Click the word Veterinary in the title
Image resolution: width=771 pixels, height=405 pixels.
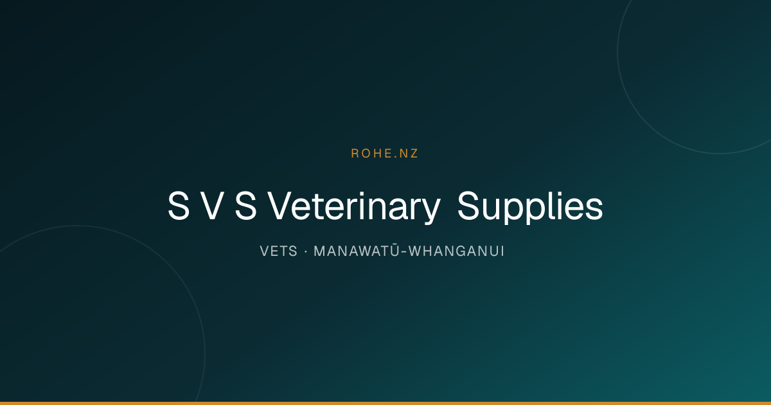pos(354,206)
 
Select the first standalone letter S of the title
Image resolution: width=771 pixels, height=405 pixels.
pos(179,206)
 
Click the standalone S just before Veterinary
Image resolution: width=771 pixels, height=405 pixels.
pos(245,206)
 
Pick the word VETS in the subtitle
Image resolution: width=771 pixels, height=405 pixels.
pos(278,251)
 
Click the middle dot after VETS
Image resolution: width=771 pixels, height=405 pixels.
pos(306,252)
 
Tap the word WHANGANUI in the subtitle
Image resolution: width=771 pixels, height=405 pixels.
pos(456,251)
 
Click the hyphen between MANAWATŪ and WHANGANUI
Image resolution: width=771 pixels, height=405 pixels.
pos(404,253)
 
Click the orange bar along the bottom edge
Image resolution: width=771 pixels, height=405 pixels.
pos(385,403)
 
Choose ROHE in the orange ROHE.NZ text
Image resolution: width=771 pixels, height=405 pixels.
pos(371,154)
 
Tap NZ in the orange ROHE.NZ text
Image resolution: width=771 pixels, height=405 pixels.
pos(409,154)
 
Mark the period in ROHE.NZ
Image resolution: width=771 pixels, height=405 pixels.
pos(396,157)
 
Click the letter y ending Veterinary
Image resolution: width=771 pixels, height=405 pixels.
pos(430,211)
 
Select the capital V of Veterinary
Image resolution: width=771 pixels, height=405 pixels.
pos(279,206)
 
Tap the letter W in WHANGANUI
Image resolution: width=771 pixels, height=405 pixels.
pos(416,251)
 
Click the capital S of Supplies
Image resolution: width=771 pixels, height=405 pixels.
pos(468,206)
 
